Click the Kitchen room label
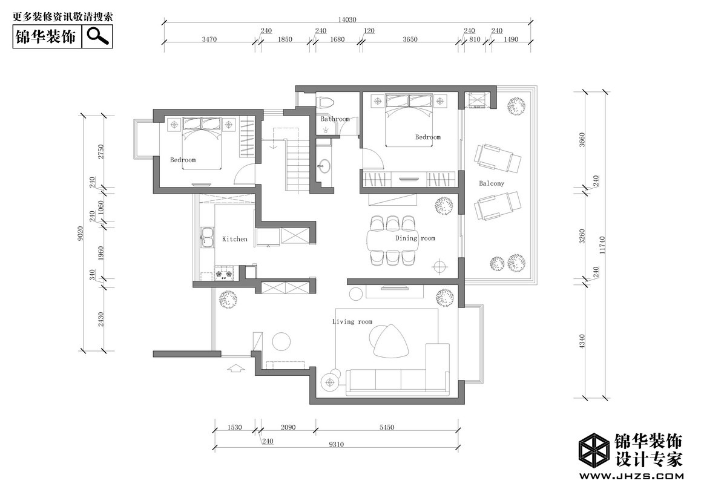[x=235, y=239]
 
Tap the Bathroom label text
[x=335, y=119]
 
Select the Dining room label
[x=415, y=238]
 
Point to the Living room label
[x=352, y=321]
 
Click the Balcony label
[x=492, y=183]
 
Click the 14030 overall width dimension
[x=347, y=19]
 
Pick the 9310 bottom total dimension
[x=336, y=444]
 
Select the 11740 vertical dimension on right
[x=602, y=245]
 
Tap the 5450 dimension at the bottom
[x=387, y=427]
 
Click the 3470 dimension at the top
[x=209, y=39]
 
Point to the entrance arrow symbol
[x=236, y=368]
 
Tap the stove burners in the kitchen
[x=225, y=273]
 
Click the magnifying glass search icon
[x=98, y=36]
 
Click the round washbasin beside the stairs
[x=323, y=166]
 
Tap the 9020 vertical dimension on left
[x=81, y=233]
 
